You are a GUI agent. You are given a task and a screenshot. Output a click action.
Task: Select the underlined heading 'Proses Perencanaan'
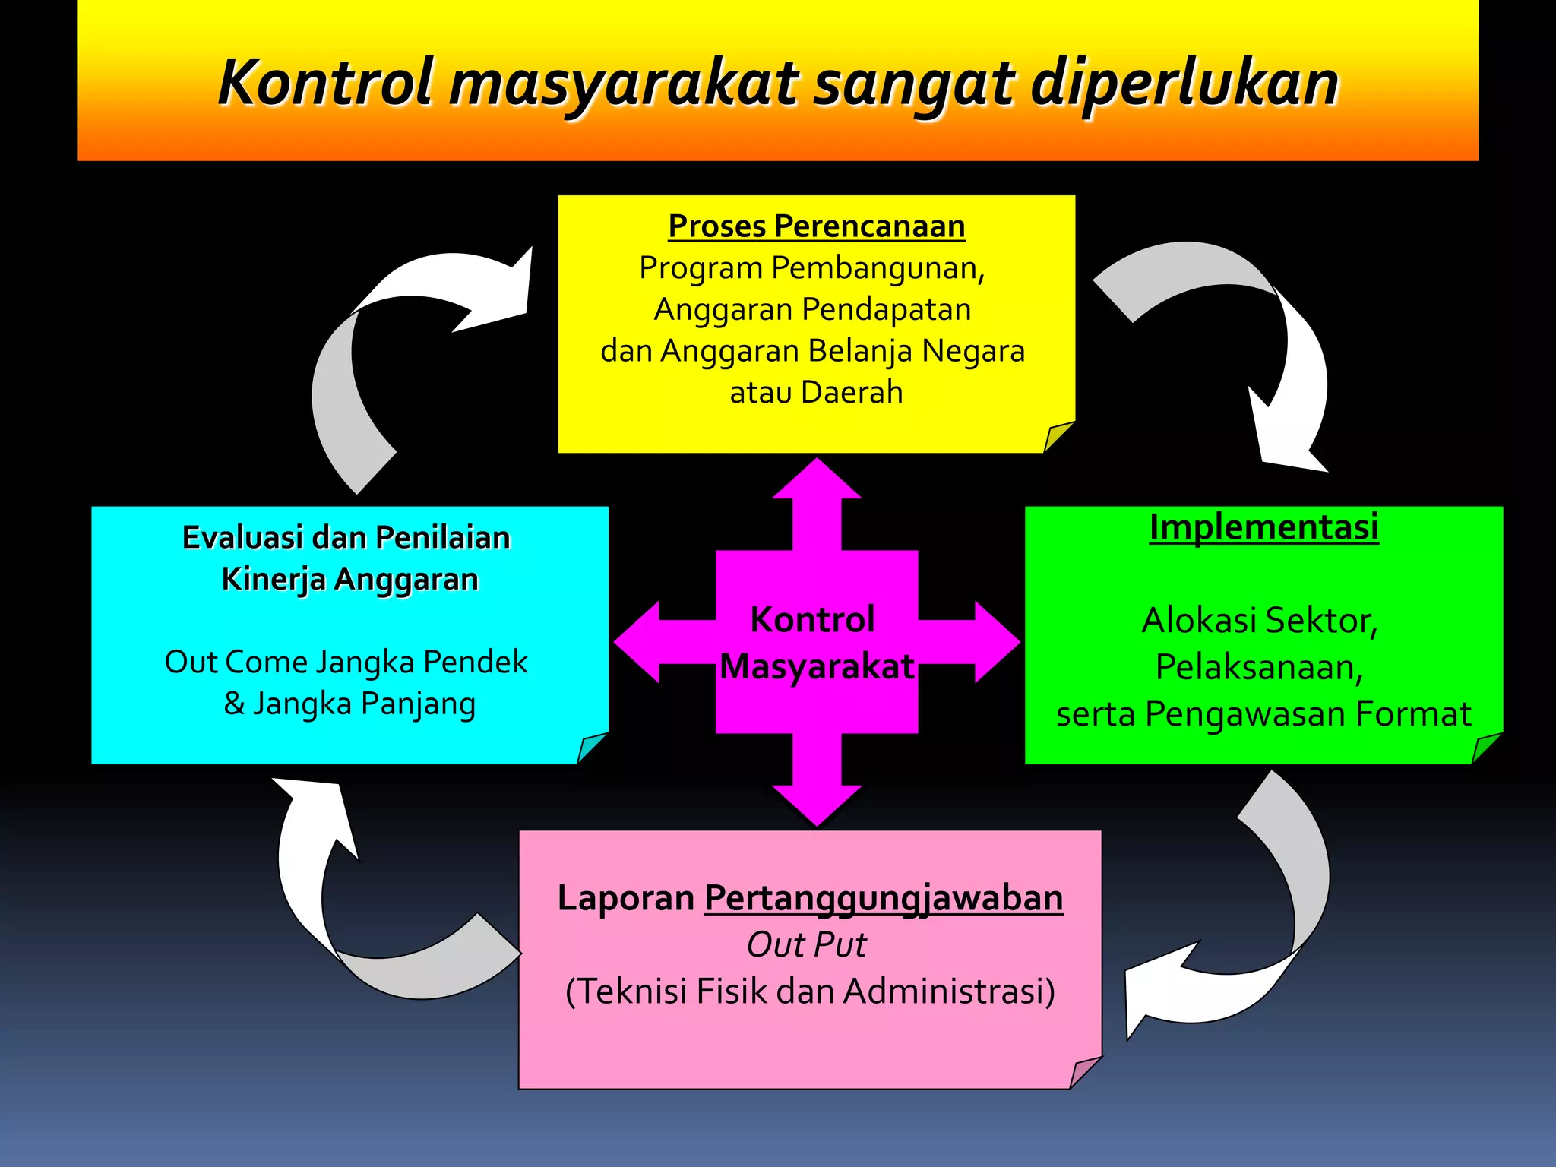point(817,226)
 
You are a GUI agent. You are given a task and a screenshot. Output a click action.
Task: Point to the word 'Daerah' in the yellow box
point(851,393)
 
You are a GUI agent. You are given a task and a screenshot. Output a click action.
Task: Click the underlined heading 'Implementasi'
point(1263,527)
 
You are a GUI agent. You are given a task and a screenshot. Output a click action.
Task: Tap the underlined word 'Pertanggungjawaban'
point(884,898)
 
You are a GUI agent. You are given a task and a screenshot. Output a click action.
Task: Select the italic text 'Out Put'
point(806,945)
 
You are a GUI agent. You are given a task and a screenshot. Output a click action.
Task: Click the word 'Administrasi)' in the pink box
point(949,991)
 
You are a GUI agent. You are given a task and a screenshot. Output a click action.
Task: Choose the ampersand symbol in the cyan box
point(234,704)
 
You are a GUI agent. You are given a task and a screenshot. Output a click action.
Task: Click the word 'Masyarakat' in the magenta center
point(817,667)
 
